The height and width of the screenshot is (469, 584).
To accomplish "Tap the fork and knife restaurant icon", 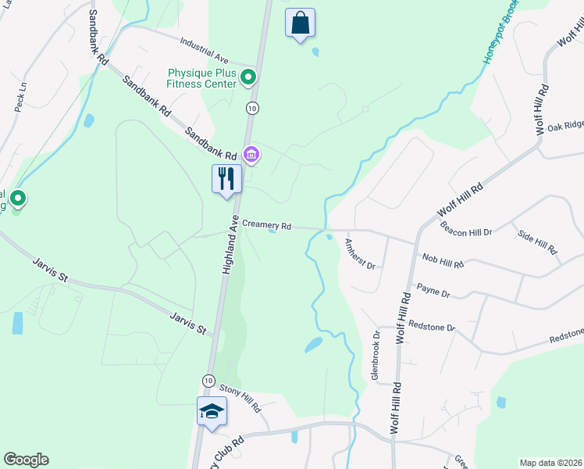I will tap(226, 179).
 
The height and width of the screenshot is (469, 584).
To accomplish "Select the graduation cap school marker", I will tap(211, 412).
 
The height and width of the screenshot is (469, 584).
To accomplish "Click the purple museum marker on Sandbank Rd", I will tap(251, 155).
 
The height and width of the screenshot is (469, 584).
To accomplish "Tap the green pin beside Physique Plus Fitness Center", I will tap(248, 77).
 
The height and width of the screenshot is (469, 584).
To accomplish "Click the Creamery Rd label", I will tap(266, 224).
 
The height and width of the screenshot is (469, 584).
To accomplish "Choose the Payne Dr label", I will tap(433, 292).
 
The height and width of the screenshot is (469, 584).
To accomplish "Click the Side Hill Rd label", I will tap(537, 242).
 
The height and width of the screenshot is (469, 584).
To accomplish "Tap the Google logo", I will tap(26, 460).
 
